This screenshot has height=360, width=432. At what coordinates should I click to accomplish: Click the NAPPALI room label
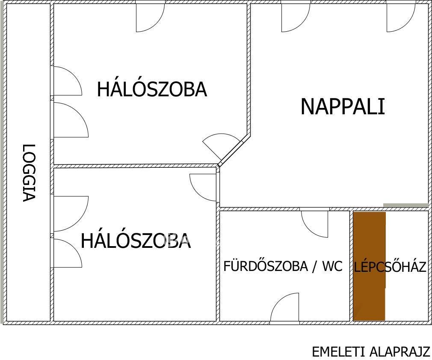[343, 107]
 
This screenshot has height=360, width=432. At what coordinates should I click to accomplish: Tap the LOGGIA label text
[29, 173]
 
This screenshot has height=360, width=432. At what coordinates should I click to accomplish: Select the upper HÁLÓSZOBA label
[152, 89]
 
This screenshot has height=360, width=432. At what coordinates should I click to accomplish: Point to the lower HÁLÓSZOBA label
[136, 240]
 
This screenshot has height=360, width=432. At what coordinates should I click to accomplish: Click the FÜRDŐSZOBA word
[265, 266]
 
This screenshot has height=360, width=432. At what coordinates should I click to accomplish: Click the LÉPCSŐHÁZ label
[390, 267]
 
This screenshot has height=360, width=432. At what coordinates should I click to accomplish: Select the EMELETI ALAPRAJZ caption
[371, 352]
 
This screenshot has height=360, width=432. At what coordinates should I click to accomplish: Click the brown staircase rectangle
[369, 266]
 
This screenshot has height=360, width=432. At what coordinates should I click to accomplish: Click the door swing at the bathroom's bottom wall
[284, 307]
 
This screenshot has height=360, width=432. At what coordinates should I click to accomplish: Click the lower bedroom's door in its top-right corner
[203, 187]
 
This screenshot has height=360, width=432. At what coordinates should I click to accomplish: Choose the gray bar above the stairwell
[406, 205]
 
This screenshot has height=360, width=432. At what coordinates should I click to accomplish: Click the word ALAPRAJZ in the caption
[399, 352]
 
